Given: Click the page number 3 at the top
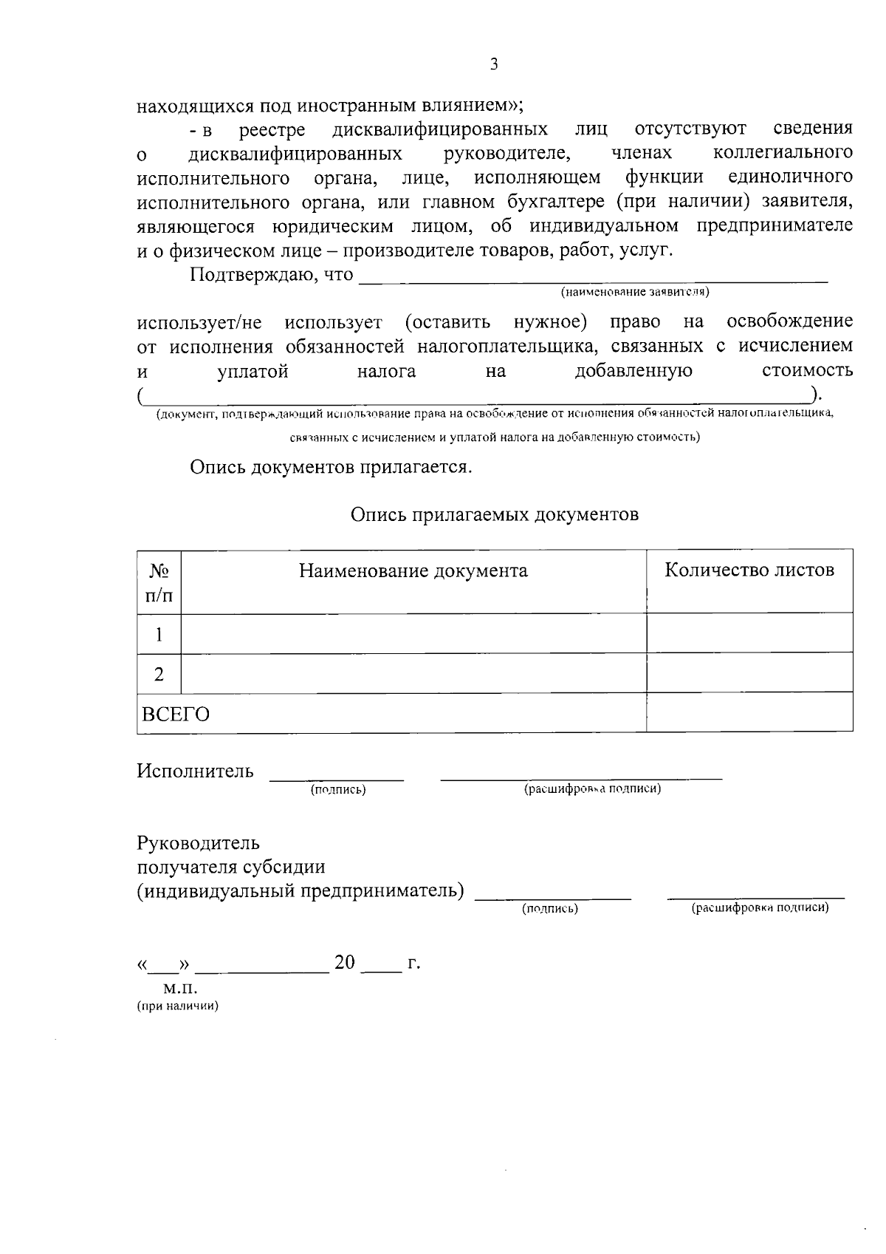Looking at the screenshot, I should [x=494, y=64].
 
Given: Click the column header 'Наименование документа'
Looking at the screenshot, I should [x=413, y=570].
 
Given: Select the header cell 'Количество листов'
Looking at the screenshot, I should [x=749, y=570].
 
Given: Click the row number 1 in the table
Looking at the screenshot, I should [x=159, y=633].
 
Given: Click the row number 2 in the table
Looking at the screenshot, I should [x=159, y=674].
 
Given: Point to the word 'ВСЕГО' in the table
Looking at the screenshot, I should [x=176, y=715].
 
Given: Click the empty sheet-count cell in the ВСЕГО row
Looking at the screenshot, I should [x=749, y=713].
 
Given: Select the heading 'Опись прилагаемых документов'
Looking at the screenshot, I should [x=494, y=514].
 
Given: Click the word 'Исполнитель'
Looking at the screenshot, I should [x=195, y=771].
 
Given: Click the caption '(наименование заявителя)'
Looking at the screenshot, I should [x=635, y=292].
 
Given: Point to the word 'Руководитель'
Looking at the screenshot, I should [x=198, y=843].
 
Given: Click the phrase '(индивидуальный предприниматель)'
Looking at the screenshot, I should [x=301, y=891].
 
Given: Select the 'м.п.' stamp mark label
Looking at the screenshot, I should [x=181, y=988].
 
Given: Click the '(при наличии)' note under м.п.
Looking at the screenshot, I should [x=177, y=1006].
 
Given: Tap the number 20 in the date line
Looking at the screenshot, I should [x=345, y=962].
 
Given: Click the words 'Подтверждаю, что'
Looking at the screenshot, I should [x=271, y=275].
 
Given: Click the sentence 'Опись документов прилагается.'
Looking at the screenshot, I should [x=330, y=467].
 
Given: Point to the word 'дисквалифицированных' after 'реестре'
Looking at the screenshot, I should [x=440, y=129].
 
